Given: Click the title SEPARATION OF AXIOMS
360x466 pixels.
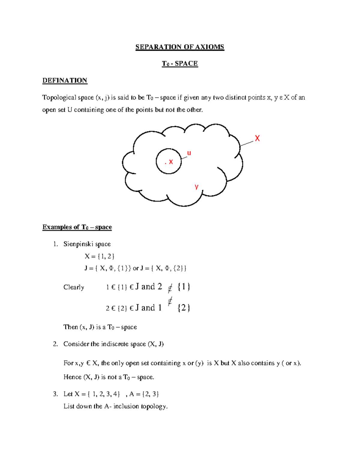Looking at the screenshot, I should [180, 47].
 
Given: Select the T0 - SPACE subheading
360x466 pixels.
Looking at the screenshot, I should [180, 64].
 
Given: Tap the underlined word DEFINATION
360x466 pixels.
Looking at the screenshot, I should [65, 80].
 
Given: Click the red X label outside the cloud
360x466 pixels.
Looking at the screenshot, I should [257, 138].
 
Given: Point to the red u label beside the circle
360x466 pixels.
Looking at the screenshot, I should [189, 153].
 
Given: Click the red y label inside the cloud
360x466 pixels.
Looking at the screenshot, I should [196, 186].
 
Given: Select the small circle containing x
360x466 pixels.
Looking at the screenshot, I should [169, 161].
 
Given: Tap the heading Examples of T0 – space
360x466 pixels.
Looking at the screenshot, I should [77, 227].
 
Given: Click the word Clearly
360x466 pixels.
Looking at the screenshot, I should [74, 287].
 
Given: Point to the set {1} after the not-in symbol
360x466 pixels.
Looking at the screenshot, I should [184, 287].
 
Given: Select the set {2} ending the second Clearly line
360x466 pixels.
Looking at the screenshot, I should [184, 308].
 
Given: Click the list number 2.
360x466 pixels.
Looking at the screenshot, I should [55, 344].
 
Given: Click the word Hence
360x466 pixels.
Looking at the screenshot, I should [72, 377].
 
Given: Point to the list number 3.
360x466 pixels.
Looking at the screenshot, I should [55, 394].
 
